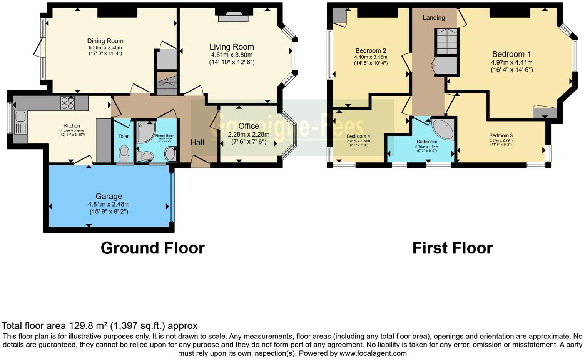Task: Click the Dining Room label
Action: click(x=105, y=41)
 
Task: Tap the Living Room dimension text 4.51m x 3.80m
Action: click(x=232, y=55)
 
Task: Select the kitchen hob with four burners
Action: click(x=67, y=103)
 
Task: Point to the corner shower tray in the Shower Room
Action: click(x=147, y=132)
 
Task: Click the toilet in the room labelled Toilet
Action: click(x=124, y=153)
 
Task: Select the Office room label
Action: click(x=249, y=126)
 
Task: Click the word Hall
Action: click(x=197, y=142)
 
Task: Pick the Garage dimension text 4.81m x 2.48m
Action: click(x=109, y=204)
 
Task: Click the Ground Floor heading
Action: click(x=152, y=248)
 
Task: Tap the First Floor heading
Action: click(x=452, y=248)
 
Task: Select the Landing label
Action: click(x=434, y=18)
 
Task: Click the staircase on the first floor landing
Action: click(x=446, y=42)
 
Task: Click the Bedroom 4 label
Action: click(x=358, y=136)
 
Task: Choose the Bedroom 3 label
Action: click(x=501, y=135)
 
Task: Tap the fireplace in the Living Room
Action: click(x=234, y=16)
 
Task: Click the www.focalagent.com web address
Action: click(x=373, y=353)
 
